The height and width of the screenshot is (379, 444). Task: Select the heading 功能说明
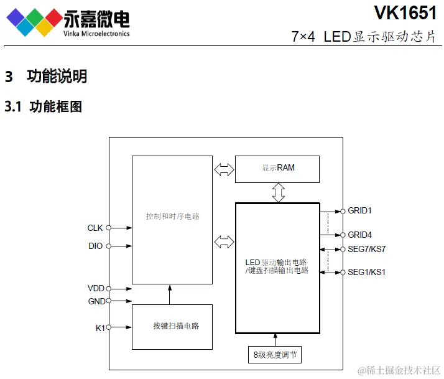pos(57,77)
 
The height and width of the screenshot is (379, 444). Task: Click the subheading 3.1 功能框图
pos(44,106)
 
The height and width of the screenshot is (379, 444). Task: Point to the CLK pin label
pos(95,228)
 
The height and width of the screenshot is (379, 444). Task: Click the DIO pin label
pos(95,246)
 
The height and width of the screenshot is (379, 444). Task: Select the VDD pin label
pos(96,289)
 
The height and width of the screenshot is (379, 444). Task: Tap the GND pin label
pos(96,301)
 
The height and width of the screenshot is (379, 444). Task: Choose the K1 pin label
pos(100,327)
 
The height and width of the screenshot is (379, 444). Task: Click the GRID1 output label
pos(359,211)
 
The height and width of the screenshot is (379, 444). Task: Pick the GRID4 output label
pos(359,235)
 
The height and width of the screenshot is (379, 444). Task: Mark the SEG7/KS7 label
pos(366,250)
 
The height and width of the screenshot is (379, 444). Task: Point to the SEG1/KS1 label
pos(366,273)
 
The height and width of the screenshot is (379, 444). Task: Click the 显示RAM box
pos(277,169)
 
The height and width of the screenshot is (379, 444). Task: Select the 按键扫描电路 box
pos(172,327)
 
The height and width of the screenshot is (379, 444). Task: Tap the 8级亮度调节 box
pos(275,356)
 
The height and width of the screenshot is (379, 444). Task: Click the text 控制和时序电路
pos(172,217)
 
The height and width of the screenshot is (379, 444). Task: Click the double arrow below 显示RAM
pos(278,192)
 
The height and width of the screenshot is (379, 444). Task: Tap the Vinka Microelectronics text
pos(96,34)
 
